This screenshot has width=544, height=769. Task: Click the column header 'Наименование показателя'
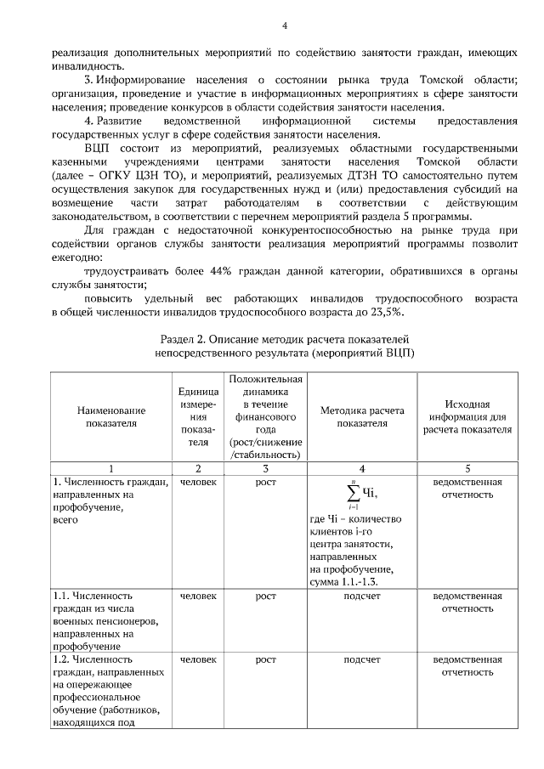[x=111, y=416]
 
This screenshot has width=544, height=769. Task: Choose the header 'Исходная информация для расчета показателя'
[x=467, y=416]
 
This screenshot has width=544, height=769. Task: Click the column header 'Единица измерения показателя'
[x=198, y=416]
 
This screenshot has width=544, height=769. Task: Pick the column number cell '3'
[x=265, y=468]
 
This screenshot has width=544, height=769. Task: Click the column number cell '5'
[x=467, y=468]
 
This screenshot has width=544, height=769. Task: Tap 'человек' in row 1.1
[x=198, y=597]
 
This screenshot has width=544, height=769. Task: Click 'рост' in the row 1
[x=265, y=483]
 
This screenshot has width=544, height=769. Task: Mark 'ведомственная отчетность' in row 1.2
[x=467, y=664]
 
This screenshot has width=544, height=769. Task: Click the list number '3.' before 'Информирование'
[x=90, y=80]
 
